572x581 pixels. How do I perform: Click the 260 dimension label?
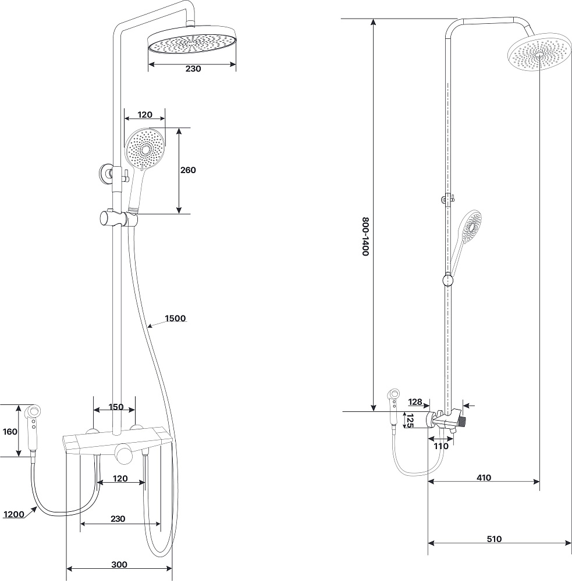(x=188, y=170)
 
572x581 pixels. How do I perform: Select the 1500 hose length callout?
(x=175, y=318)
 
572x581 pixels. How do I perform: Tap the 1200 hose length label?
(x=14, y=514)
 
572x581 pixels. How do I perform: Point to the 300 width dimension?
(x=119, y=565)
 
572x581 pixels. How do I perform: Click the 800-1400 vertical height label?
(x=365, y=236)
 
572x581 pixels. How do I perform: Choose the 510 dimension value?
(x=494, y=539)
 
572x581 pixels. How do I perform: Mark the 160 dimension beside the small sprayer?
(x=10, y=432)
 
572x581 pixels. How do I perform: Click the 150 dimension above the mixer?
(x=116, y=407)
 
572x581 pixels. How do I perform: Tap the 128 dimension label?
(x=415, y=401)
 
